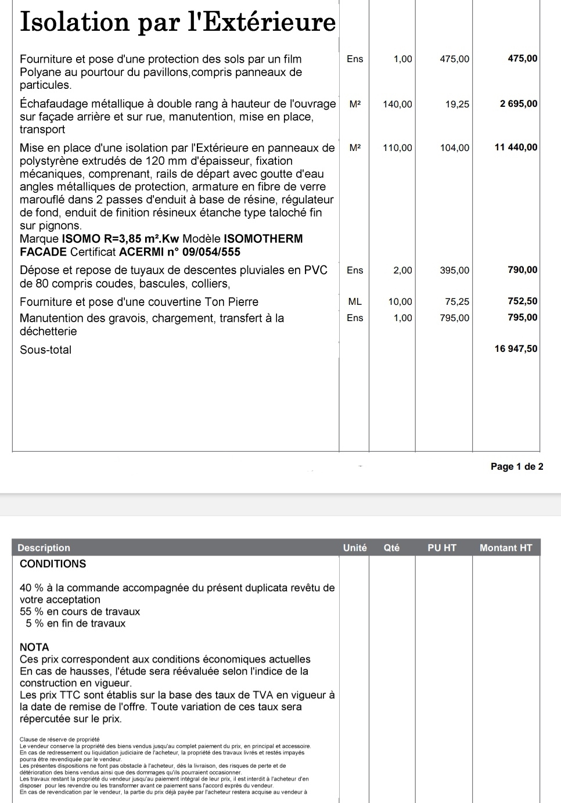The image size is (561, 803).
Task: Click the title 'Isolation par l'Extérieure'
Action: pos(178,22)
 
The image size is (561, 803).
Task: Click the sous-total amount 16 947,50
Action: pos(516,349)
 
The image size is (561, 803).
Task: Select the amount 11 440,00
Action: pos(516,147)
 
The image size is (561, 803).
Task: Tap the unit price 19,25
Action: pos(457,105)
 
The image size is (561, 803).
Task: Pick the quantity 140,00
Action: pos(397,105)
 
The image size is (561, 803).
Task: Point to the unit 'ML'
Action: pos(355,302)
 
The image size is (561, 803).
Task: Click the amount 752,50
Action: pos(523,301)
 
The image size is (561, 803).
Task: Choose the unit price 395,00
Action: pos(455,271)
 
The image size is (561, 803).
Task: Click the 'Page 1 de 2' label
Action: pos(517,467)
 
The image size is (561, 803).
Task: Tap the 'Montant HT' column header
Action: pos(506,548)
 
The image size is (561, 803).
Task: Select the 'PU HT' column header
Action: pos(442,548)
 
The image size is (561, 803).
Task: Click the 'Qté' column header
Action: pos(391,548)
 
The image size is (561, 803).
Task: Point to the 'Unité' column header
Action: pos(355,548)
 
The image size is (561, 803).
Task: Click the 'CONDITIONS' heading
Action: pos(53,564)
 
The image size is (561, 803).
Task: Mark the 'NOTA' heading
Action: pos(34,647)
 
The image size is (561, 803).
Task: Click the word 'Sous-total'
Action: pos(46,350)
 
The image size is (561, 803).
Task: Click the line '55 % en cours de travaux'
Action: pos(80,612)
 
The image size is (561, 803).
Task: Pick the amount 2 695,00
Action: pos(519,104)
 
